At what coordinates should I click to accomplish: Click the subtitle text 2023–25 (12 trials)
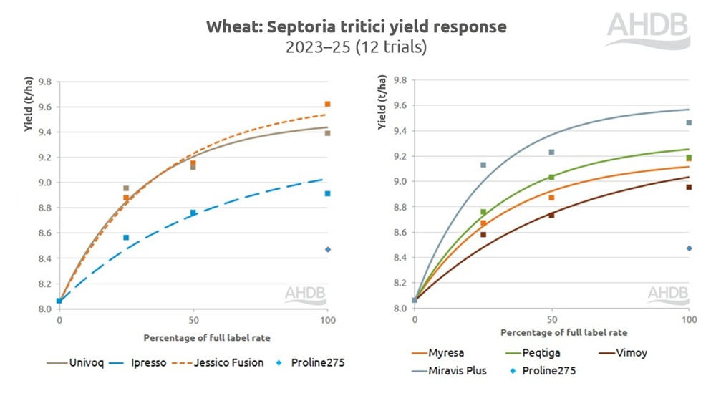[356, 48]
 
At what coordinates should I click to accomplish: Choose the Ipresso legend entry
[147, 362]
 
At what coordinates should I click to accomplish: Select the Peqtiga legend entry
[543, 353]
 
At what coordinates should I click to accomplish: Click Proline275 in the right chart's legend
[547, 371]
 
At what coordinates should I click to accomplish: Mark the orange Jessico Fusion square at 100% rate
[328, 105]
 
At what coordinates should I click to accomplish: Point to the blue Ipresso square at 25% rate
[126, 238]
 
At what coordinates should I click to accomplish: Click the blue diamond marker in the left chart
[328, 250]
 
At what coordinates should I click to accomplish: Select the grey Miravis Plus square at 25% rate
[483, 165]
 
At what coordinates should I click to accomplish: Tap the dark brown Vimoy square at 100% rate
[689, 188]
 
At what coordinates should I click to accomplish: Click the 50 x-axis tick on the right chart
[551, 319]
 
